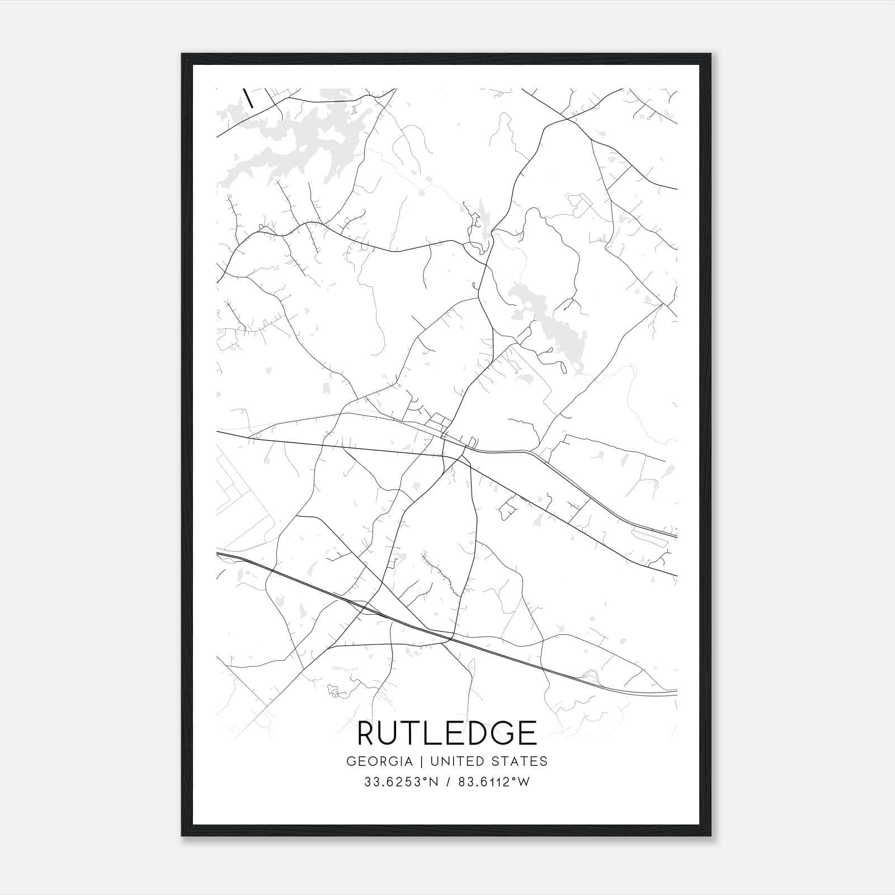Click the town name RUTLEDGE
[x=447, y=733]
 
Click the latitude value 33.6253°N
[x=402, y=782]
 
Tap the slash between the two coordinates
[x=448, y=782]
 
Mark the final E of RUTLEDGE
[x=528, y=733]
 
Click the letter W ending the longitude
[x=523, y=782]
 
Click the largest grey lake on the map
[x=296, y=140]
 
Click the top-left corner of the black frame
[x=182, y=55]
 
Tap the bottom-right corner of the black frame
[x=710, y=835]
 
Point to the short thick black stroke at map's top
[x=248, y=97]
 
